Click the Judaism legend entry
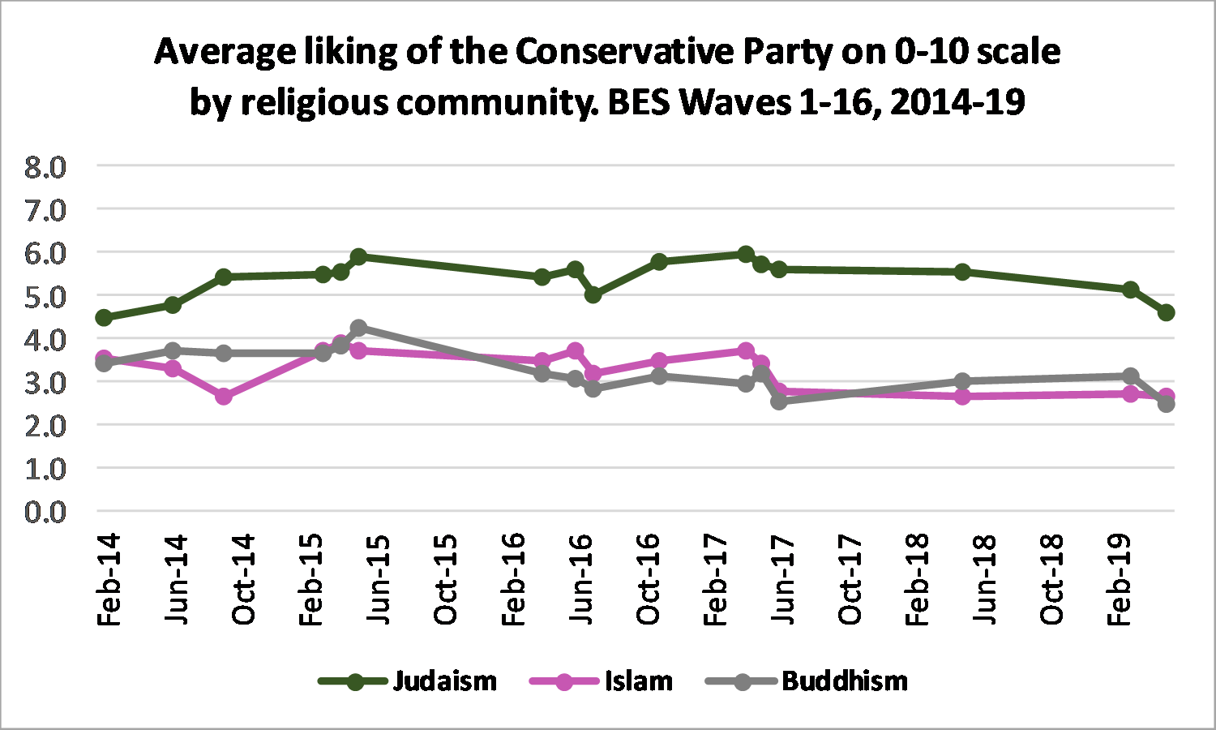click(444, 681)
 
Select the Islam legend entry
click(638, 681)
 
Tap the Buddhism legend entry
click(844, 681)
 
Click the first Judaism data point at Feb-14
click(104, 317)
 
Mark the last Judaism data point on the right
click(1166, 312)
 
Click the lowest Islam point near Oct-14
click(224, 396)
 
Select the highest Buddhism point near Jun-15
click(358, 328)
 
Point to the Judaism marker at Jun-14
click(173, 304)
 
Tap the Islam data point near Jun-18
click(962, 396)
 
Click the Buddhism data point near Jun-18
click(962, 381)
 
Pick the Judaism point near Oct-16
click(658, 261)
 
